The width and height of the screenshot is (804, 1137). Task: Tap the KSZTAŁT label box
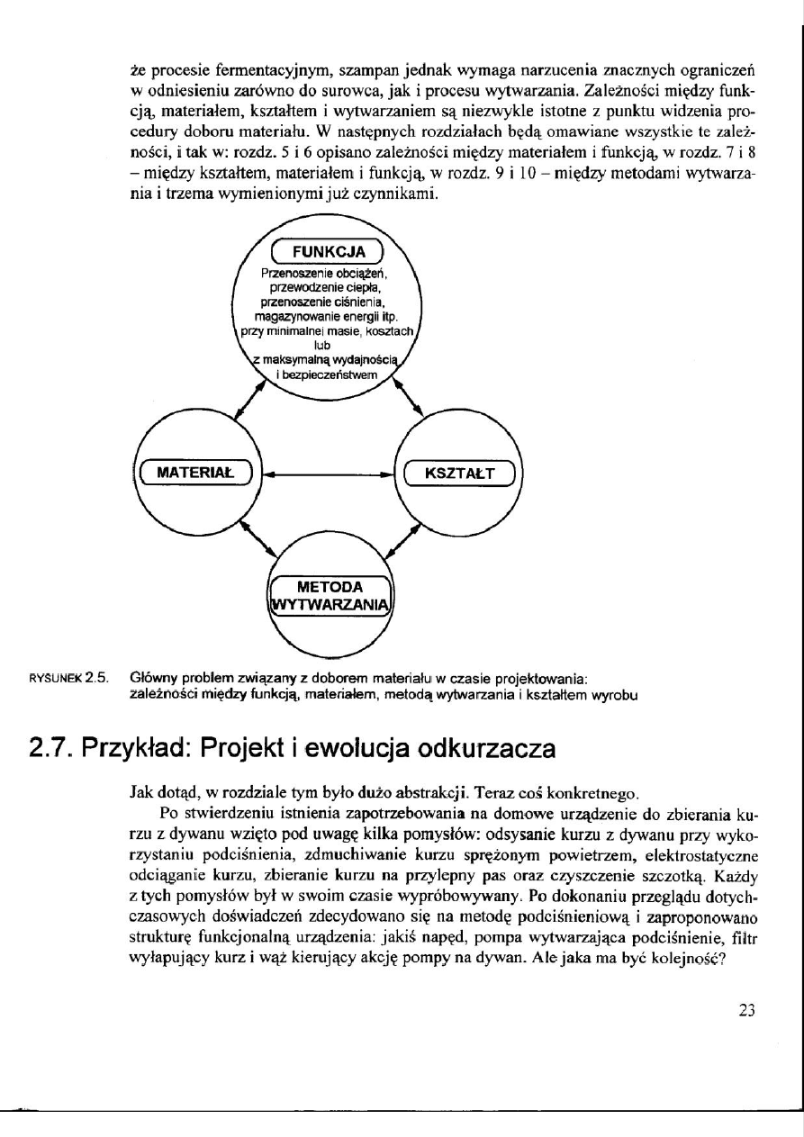(x=458, y=472)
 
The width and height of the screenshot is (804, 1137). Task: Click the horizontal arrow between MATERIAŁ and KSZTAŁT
(x=328, y=473)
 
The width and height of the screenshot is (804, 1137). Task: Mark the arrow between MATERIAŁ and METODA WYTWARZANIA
(x=249, y=543)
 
